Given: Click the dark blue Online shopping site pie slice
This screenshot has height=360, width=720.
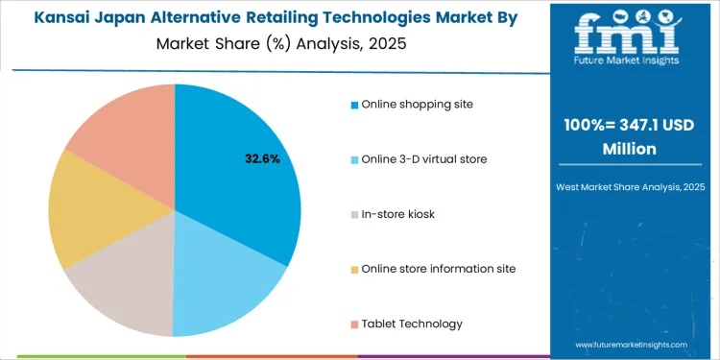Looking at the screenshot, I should [x=240, y=163].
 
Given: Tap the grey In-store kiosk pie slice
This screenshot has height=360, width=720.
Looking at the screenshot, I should [x=125, y=288].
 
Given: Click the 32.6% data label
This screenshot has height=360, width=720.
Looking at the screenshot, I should [x=262, y=158].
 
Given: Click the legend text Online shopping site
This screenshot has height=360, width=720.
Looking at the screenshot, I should [x=417, y=104].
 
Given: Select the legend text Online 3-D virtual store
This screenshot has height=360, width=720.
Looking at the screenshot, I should [x=424, y=158].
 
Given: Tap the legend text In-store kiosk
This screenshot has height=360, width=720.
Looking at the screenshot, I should [x=398, y=213].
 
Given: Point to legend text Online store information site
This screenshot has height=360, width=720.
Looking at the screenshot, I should [x=439, y=268].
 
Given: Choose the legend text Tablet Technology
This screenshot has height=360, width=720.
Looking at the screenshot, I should [x=412, y=323].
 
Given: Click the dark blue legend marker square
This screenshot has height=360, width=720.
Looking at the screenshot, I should [x=354, y=105].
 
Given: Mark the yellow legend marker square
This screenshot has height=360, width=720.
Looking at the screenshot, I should [x=354, y=269].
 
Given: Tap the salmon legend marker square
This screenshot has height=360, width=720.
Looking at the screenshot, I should [x=354, y=324].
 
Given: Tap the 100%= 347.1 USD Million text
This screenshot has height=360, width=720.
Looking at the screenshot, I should [x=630, y=136].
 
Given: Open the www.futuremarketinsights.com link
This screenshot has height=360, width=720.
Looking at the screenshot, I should [x=632, y=344].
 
